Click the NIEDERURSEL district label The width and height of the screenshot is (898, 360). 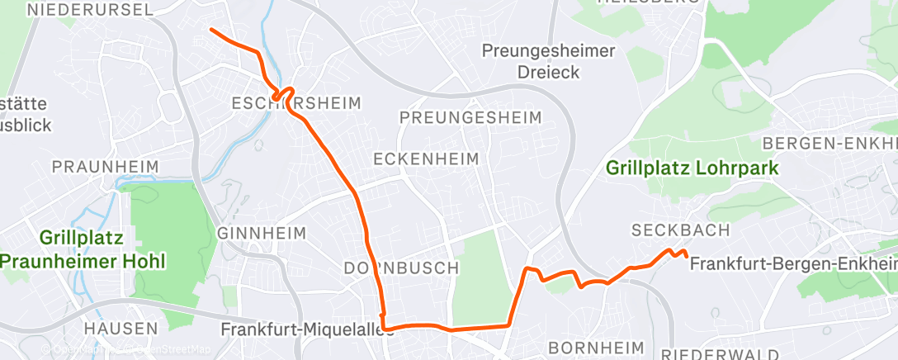coord(91,10)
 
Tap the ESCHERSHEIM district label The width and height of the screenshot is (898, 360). coord(296,103)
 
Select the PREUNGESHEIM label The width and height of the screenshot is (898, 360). coord(470,117)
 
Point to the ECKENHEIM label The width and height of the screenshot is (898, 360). coord(426,158)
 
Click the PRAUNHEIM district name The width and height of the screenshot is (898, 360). coord(105,167)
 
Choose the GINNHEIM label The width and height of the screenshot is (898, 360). coord(262,234)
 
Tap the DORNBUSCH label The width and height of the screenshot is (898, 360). coord(400,268)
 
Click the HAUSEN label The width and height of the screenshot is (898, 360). coord(121,329)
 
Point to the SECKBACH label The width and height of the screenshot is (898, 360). coord(681,230)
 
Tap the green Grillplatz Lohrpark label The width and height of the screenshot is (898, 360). coord(692,168)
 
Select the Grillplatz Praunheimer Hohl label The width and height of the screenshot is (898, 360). coord(83,250)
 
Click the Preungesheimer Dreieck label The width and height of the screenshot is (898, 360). coord(548,62)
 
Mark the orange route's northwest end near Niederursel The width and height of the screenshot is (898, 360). coord(211,30)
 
